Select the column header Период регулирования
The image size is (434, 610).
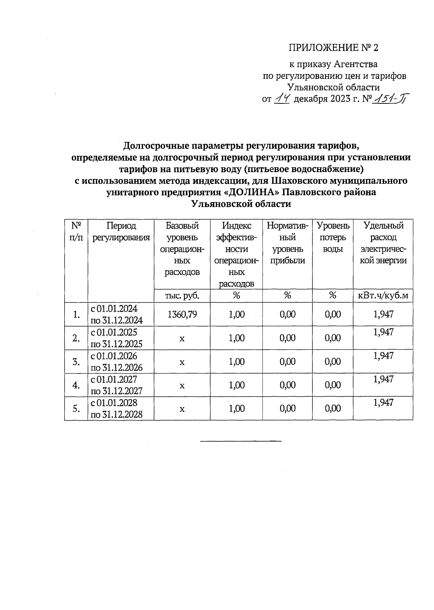[121, 231]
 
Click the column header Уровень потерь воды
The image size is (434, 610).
[333, 237]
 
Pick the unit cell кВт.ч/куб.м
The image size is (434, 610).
[383, 296]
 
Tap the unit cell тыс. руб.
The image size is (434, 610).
[182, 296]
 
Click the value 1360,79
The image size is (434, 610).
[182, 314]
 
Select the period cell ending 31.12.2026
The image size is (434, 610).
[116, 362]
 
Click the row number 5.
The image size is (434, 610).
[76, 409]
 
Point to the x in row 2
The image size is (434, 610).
[182, 338]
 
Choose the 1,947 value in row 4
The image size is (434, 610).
[383, 379]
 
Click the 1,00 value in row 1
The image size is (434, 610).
[237, 314]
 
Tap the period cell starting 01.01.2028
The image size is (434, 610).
[116, 409]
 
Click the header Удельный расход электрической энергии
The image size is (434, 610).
[383, 243]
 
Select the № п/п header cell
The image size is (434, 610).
[76, 231]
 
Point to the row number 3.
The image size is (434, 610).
[76, 362]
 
